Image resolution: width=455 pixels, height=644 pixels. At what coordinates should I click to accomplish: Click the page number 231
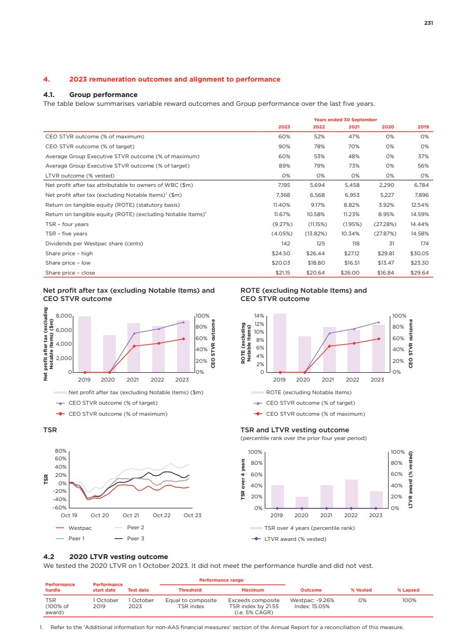tap(429, 23)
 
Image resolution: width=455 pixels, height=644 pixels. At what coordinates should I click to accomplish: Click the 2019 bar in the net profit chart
tap(84, 345)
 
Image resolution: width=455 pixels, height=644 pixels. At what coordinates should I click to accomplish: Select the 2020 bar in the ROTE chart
tap(304, 354)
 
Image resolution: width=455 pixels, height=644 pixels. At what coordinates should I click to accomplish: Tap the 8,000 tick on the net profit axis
tap(65, 316)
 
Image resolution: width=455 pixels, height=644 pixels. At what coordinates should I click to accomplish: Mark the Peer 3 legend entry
tap(135, 538)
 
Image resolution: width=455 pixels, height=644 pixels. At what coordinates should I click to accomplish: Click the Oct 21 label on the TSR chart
tap(131, 516)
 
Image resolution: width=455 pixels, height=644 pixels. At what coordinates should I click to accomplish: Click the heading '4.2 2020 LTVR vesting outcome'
tap(105, 557)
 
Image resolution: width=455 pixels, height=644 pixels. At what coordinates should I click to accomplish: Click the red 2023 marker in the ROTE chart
tap(378, 339)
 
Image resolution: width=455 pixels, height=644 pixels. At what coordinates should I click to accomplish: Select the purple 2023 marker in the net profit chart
tap(183, 322)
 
